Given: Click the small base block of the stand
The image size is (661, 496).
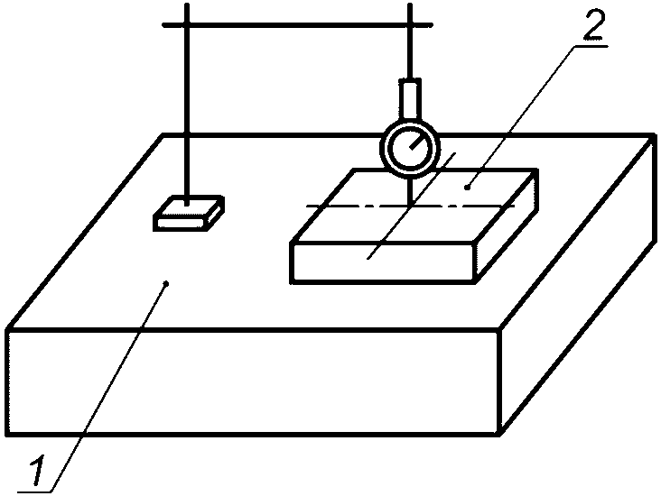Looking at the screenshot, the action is [188, 215].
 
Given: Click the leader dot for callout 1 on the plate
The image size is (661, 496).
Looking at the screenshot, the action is [168, 283].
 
